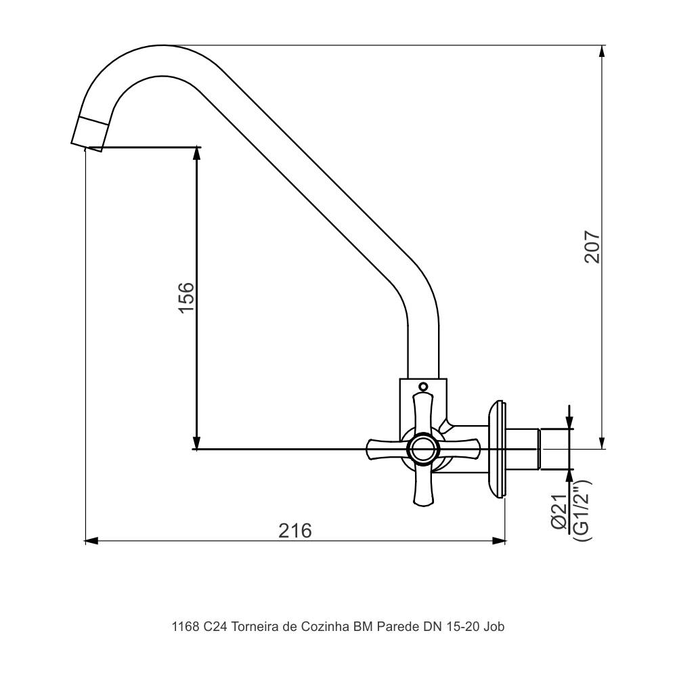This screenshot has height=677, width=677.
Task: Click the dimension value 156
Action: pyautogui.click(x=185, y=297)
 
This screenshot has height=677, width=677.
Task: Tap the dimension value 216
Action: pyautogui.click(x=296, y=530)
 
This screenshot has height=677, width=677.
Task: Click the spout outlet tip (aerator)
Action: pyautogui.click(x=90, y=133)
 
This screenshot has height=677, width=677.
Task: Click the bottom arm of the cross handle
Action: pyautogui.click(x=423, y=486)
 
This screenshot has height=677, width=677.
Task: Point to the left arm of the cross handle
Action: pyautogui.click(x=385, y=447)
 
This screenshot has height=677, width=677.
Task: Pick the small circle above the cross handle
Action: pyautogui.click(x=424, y=387)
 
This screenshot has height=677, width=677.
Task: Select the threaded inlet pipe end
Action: pyautogui.click(x=554, y=448)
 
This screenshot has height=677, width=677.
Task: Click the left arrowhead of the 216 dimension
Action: pyautogui.click(x=91, y=540)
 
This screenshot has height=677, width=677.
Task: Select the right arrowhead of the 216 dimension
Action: pyautogui.click(x=500, y=540)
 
